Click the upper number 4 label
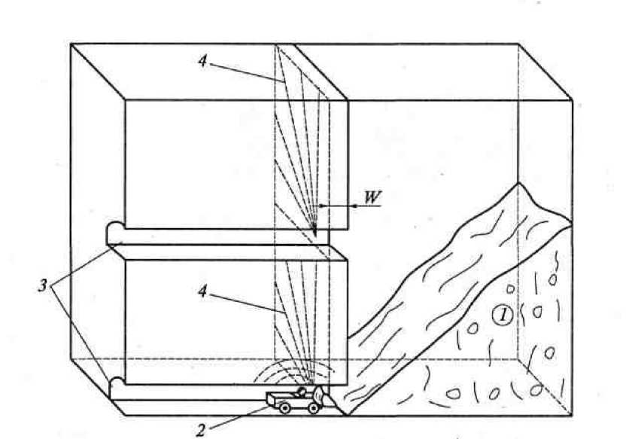click(x=202, y=61)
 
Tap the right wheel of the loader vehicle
click(x=314, y=407)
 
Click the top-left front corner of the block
click(x=71, y=44)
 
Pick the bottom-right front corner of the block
click(x=572, y=415)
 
